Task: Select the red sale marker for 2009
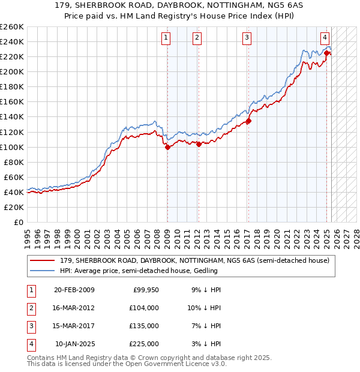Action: (167, 147)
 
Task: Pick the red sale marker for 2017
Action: (248, 121)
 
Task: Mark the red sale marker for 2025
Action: (326, 53)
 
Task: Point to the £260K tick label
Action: (12, 27)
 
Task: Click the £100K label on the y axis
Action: (12, 147)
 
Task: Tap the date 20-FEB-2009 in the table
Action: (74, 290)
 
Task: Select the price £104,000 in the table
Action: (144, 308)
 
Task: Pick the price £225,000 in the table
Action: (144, 344)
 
